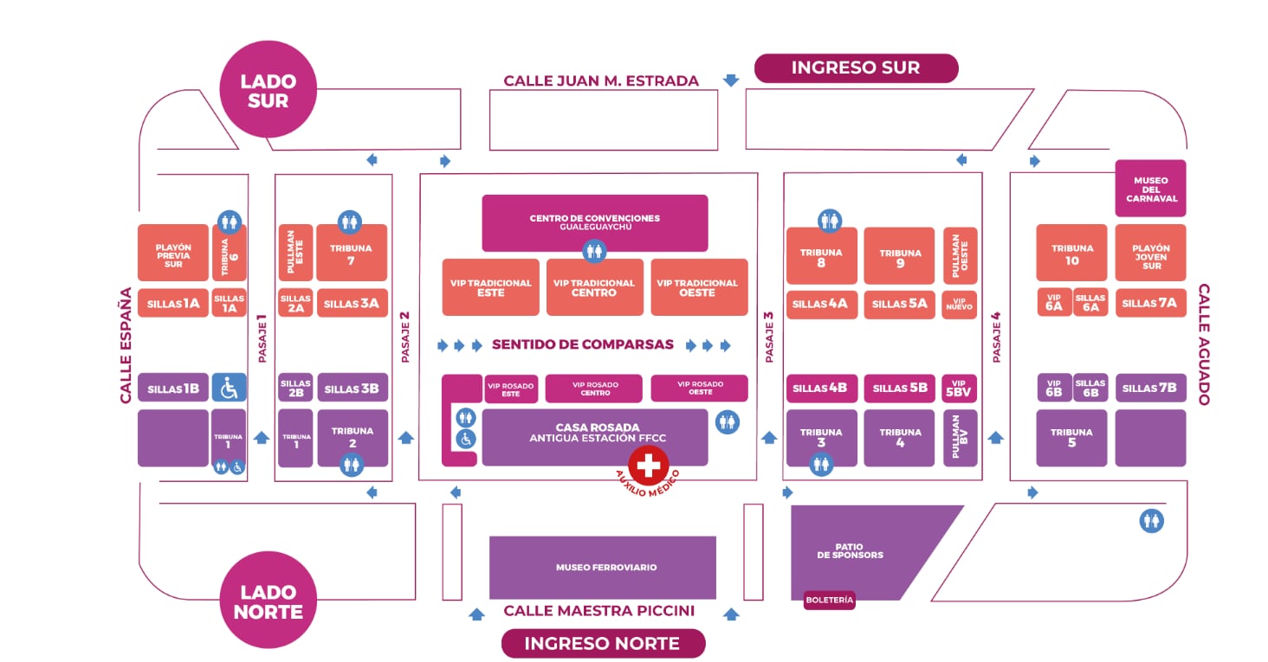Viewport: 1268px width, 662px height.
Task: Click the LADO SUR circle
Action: pos(268,91)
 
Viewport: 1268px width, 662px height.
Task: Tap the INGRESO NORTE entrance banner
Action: pos(603,643)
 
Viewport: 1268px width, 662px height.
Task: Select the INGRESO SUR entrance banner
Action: pos(856,67)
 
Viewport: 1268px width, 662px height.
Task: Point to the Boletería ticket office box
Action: pos(829,599)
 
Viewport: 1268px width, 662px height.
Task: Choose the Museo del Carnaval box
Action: pos(1150,189)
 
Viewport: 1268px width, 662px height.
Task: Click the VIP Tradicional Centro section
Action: pos(594,287)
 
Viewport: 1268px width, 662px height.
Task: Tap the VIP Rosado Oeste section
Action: pos(699,389)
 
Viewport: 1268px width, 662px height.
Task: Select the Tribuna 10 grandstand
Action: pos(1071,254)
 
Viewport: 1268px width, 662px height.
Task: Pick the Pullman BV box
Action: pos(960,438)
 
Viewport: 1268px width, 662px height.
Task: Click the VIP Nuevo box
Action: pos(960,304)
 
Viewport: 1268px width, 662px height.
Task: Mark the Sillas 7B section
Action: pos(1150,388)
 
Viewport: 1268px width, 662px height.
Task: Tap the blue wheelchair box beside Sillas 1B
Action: pos(230,388)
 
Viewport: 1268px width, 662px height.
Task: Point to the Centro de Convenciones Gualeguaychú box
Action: pos(594,222)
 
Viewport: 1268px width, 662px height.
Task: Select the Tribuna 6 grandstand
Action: pos(230,253)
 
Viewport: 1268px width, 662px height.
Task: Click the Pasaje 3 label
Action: pos(768,337)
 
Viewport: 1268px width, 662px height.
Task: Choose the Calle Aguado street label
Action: pos(1204,344)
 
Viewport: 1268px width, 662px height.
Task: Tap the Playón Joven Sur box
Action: pos(1150,254)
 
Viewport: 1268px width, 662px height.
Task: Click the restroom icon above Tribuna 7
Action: pos(350,222)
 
